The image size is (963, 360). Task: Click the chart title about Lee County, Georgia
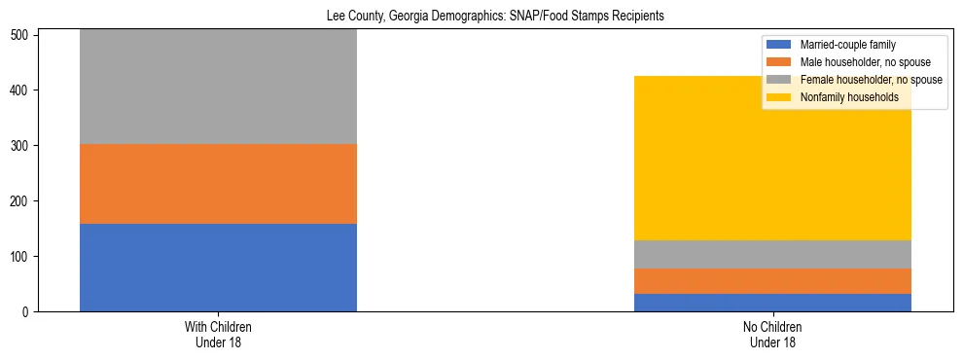coord(495,17)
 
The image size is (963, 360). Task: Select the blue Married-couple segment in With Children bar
coord(218,268)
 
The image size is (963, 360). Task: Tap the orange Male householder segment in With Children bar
coord(218,184)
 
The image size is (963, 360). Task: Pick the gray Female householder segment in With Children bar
coord(218,88)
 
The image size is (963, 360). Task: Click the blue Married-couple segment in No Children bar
coord(772,303)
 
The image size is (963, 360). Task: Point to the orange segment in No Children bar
coord(772,281)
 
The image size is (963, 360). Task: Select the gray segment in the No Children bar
coord(772,254)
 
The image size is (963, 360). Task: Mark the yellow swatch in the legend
coord(780,97)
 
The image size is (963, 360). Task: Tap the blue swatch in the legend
coord(780,45)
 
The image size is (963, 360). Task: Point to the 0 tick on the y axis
coord(28,312)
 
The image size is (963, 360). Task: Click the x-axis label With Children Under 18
coord(218,334)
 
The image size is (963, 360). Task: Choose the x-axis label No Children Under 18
coord(772,334)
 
